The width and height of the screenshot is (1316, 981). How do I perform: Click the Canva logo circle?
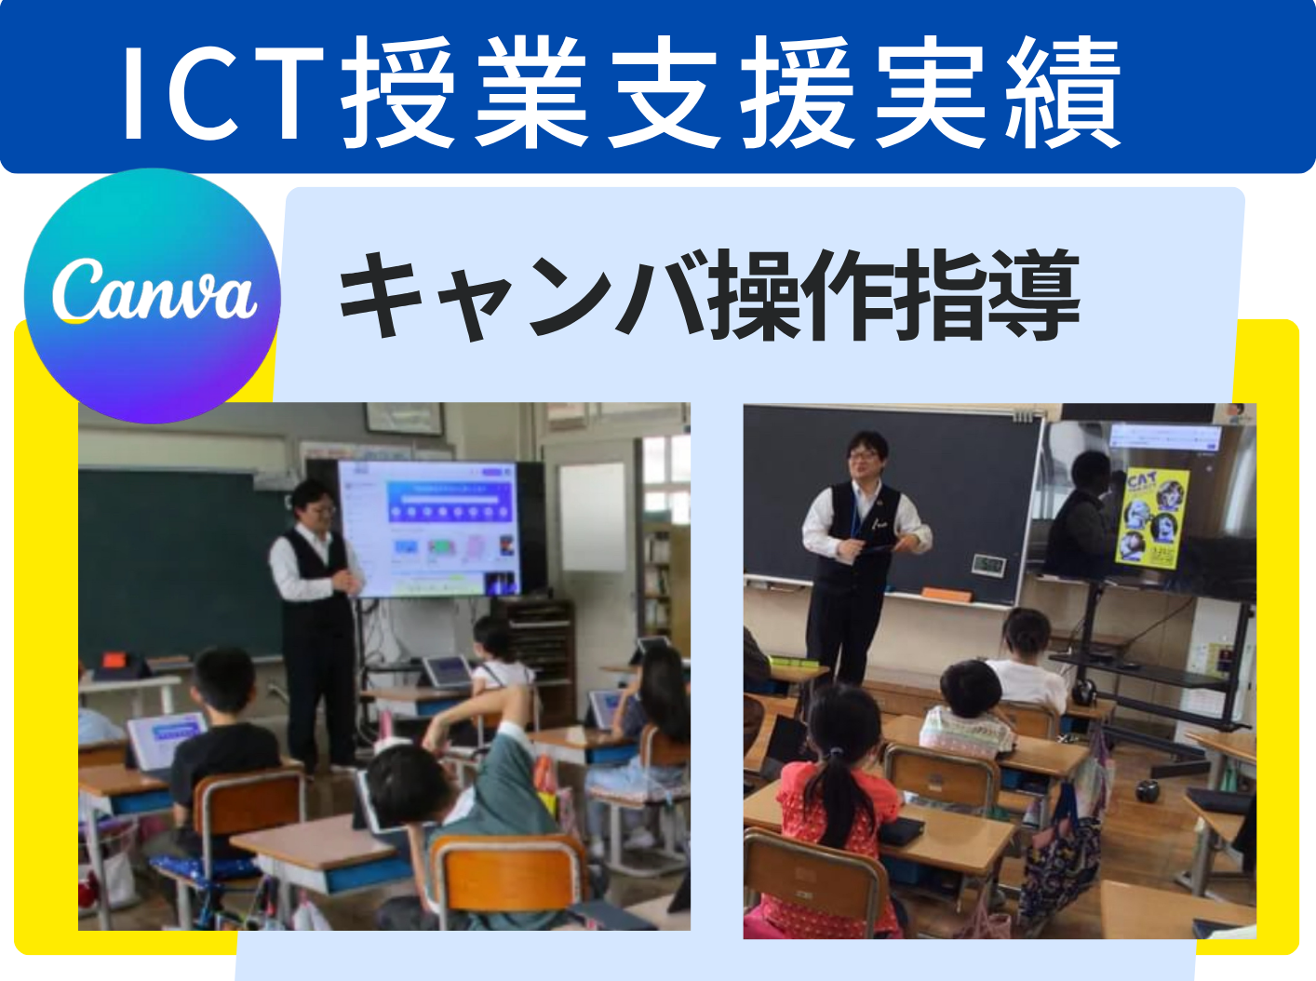pos(153,296)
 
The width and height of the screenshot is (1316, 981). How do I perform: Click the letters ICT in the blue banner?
pos(223,91)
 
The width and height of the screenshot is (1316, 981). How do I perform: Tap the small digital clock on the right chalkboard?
pos(988,564)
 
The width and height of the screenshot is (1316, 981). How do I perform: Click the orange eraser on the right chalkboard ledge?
pos(947,594)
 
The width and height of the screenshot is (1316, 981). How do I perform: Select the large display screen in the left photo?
pos(429,529)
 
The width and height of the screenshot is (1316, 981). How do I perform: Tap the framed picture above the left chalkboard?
pos(405,418)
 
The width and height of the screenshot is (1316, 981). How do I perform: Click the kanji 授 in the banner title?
pos(396,91)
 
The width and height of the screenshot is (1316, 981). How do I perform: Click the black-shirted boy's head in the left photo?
pos(224,679)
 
